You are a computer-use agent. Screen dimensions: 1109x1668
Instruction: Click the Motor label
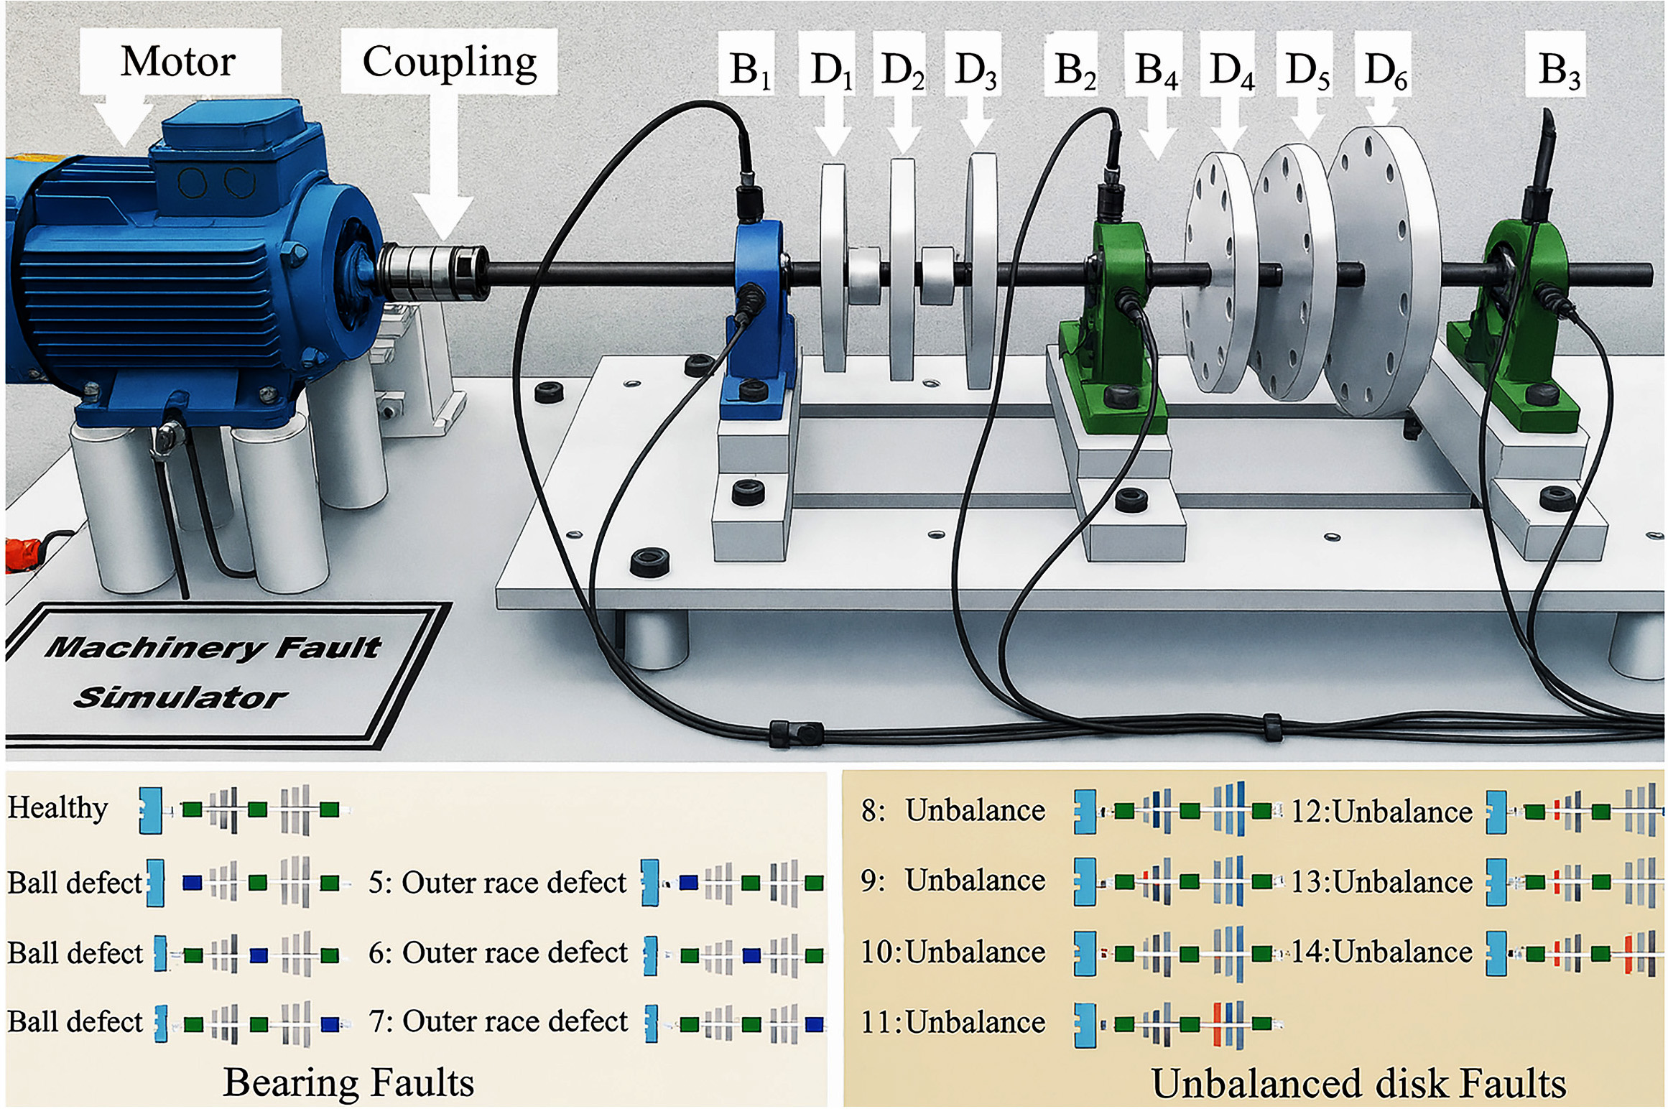178,62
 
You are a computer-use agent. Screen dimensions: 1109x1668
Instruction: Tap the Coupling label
449,62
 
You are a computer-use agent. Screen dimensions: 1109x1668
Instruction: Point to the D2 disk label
902,70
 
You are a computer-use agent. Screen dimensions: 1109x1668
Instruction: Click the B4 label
1155,70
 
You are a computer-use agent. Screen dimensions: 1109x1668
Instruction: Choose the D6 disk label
1385,70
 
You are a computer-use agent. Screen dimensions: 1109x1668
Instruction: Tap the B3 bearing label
1558,70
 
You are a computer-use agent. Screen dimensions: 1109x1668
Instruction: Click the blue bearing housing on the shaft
760,316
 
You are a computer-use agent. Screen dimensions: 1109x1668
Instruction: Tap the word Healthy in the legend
57,808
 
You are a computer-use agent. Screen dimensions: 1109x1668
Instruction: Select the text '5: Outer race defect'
497,883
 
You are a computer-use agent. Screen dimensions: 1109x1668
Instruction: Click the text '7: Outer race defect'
498,1021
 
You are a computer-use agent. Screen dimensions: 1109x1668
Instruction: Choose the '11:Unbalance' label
953,1022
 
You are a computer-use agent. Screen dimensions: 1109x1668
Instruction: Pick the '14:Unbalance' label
1381,952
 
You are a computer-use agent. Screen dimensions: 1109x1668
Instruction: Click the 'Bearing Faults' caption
348,1082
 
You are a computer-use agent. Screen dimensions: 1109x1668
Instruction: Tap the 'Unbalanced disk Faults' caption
1358,1083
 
